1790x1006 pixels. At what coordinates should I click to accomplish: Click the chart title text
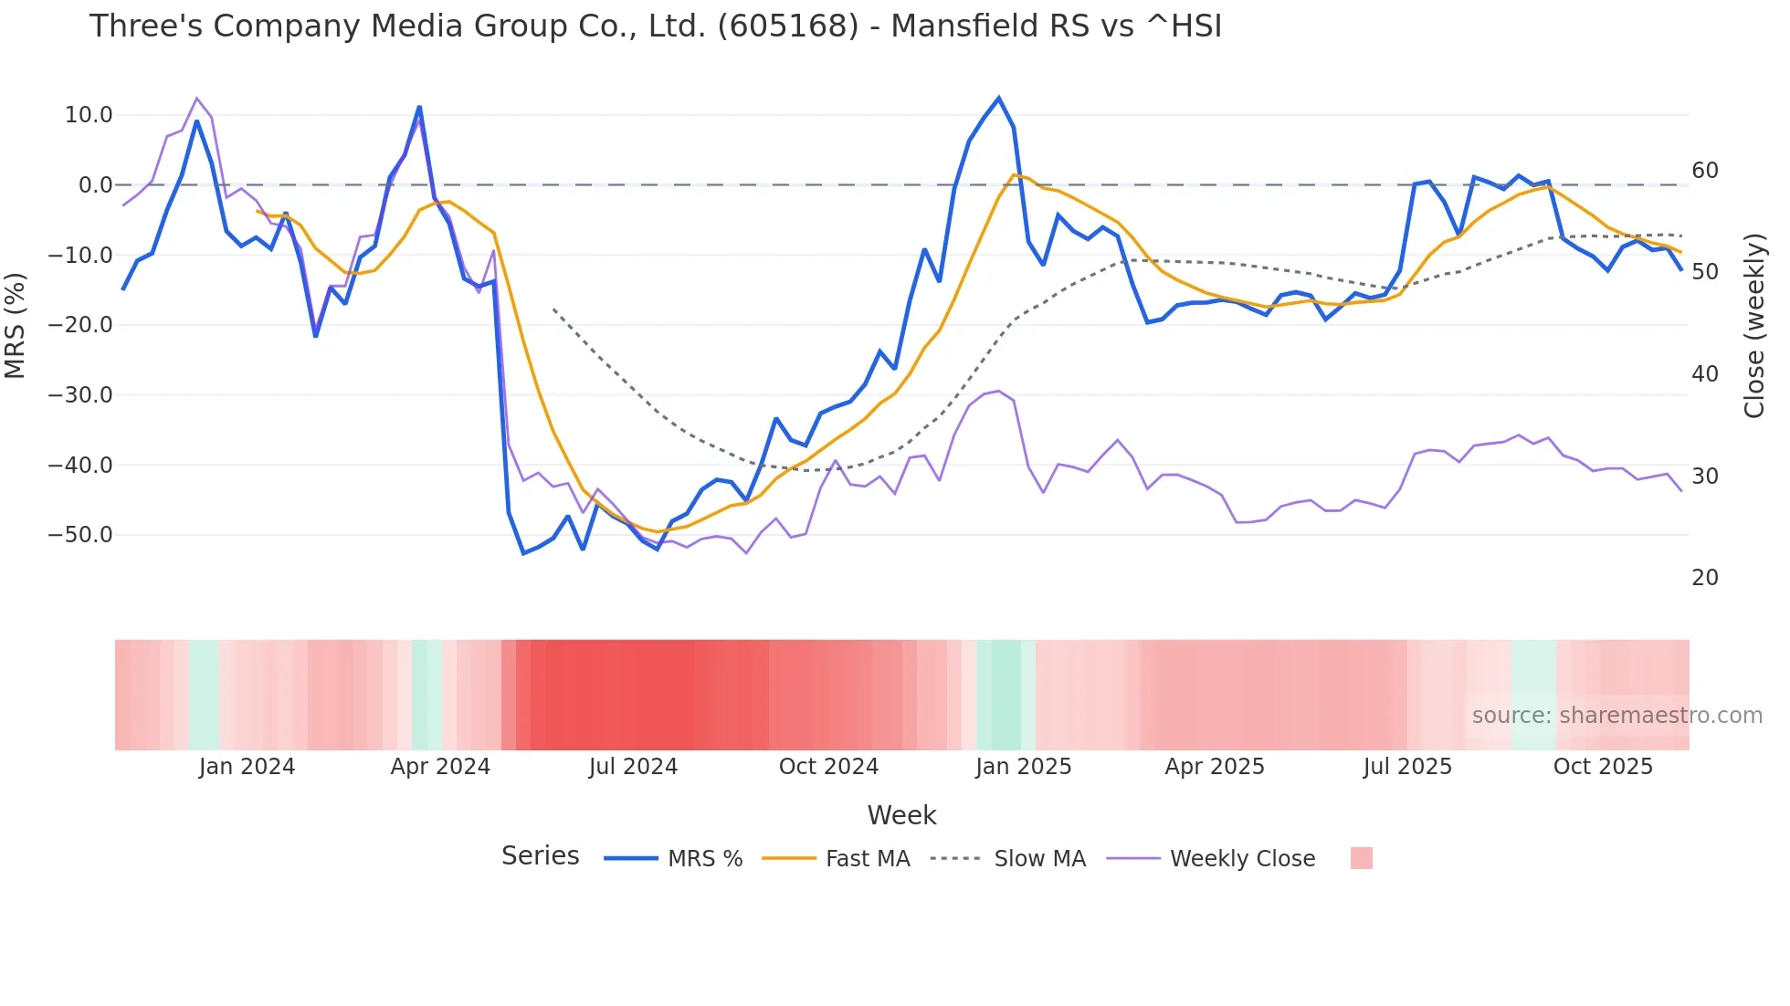[655, 26]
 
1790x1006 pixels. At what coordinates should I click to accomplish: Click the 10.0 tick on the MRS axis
[89, 115]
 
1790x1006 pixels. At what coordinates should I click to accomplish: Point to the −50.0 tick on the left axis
[80, 535]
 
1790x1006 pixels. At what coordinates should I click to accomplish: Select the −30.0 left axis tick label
[80, 395]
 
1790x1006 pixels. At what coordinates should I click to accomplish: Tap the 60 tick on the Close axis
[1704, 171]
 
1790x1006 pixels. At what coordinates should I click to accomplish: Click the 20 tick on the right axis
[1704, 578]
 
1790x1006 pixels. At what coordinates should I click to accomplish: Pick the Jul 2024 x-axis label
[633, 767]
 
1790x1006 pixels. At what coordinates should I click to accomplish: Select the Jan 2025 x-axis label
[1023, 767]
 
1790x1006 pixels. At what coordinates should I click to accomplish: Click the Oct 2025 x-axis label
[1603, 767]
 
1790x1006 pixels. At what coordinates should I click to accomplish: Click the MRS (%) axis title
[16, 326]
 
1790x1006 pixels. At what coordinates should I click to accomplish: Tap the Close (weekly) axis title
[1753, 326]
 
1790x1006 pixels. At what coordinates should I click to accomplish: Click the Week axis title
[901, 815]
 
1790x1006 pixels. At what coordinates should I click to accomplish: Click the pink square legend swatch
[1361, 858]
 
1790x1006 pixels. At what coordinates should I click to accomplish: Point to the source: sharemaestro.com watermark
[1616, 716]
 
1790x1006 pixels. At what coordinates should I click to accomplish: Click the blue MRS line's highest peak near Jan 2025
[998, 98]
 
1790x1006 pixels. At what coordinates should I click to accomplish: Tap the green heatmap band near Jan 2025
[1005, 695]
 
